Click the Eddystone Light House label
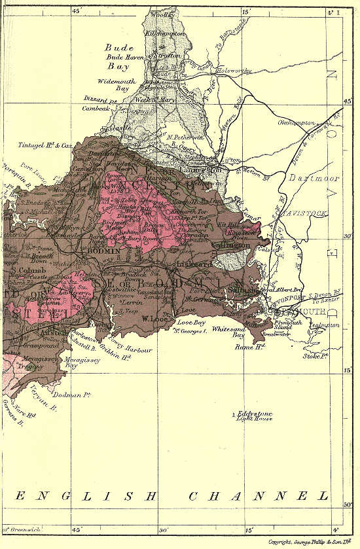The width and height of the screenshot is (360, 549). pyautogui.click(x=254, y=417)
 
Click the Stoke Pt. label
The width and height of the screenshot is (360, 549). pyautogui.click(x=315, y=357)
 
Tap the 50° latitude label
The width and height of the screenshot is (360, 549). pyautogui.click(x=348, y=505)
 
